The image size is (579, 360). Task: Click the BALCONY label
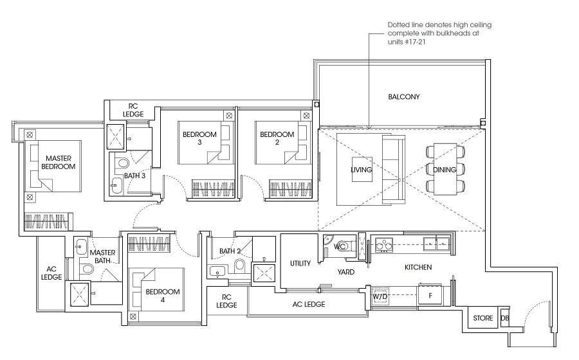403,97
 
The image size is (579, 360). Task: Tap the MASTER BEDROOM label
59,162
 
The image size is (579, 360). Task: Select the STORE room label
483,318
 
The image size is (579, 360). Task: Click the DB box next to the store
504,318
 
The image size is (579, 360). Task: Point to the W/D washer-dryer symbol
380,296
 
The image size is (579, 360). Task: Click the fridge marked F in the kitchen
430,296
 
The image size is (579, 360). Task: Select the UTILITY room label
300,264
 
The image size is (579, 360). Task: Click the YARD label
346,272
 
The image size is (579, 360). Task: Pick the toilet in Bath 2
240,265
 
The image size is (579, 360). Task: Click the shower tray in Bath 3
116,137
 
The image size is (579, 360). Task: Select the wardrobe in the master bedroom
46,221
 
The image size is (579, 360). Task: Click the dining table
445,169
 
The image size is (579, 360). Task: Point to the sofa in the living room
394,169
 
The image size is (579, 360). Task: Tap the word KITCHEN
418,267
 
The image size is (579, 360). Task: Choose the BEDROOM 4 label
163,296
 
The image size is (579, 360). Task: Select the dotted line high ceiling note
439,33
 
